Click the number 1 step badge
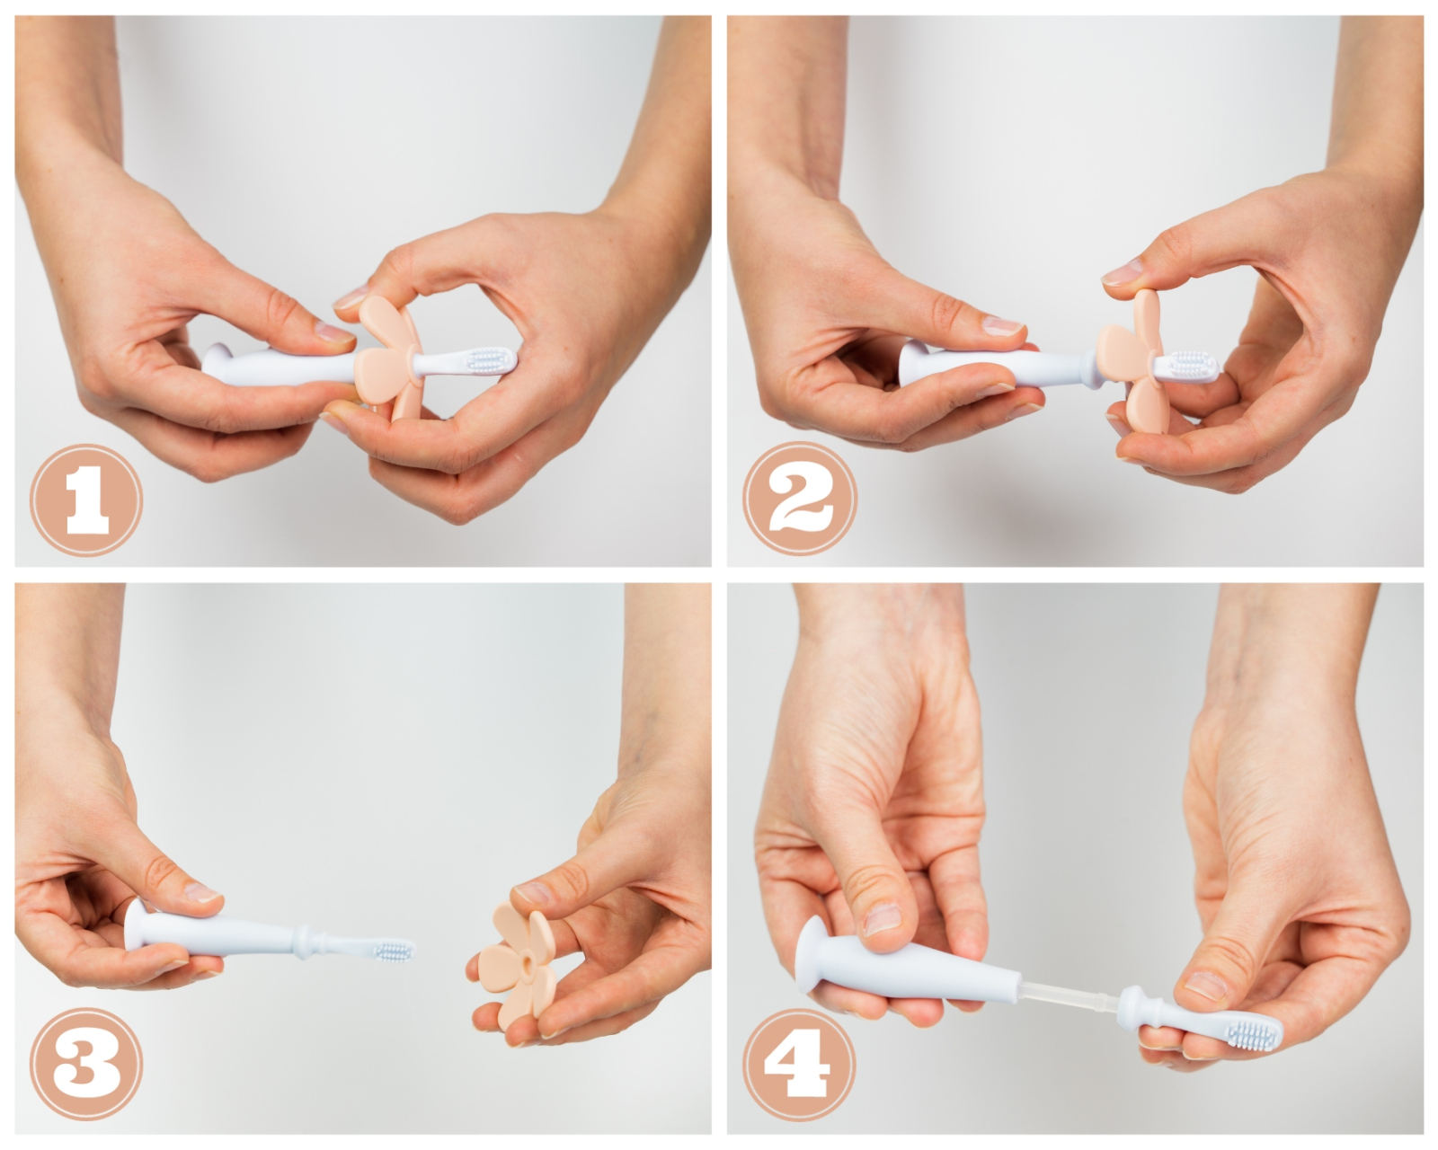pyautogui.click(x=86, y=500)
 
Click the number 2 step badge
pyautogui.click(x=800, y=499)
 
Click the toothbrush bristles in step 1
pyautogui.click(x=490, y=360)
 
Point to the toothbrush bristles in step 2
pyautogui.click(x=1192, y=364)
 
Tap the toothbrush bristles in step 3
pyautogui.click(x=395, y=951)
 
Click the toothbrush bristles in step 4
pyautogui.click(x=1252, y=1037)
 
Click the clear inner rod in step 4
pyautogui.click(x=1069, y=998)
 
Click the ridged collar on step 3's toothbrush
pyautogui.click(x=306, y=942)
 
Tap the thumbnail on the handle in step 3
pyautogui.click(x=202, y=893)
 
